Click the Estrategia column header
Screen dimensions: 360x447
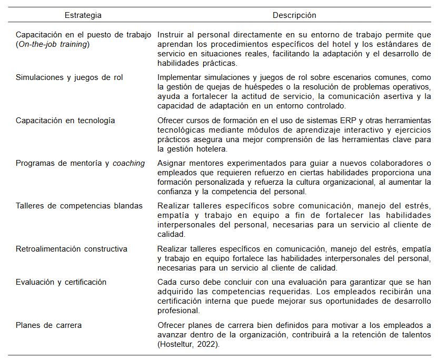pos(83,15)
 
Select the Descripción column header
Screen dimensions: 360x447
pos(294,15)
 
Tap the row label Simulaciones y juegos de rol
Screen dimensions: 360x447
pos(69,77)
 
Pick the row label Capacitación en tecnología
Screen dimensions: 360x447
pos(65,121)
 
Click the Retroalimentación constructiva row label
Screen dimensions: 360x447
pos(72,249)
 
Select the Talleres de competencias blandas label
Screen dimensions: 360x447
pos(79,206)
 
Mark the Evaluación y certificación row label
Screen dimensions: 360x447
pos(61,282)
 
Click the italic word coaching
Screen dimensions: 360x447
pos(129,163)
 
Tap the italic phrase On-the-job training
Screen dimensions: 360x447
pos(53,44)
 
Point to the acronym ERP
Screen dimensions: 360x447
pos(329,121)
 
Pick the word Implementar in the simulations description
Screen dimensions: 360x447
pos(181,77)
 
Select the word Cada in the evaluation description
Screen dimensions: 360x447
pos(167,282)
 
